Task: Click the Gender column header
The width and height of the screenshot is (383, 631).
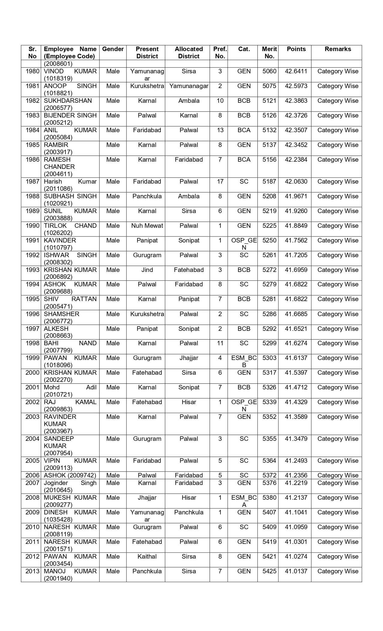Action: point(113,49)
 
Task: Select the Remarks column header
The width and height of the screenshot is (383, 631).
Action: point(338,49)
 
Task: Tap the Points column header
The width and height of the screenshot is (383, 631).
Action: point(296,49)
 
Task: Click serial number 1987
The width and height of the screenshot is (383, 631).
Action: point(32,182)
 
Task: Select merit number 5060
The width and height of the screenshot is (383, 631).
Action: point(269,72)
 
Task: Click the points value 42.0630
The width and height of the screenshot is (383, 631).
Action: point(296,182)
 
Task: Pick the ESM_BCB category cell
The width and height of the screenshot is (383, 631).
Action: point(244,361)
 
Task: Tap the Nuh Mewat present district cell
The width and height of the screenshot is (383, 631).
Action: point(147,226)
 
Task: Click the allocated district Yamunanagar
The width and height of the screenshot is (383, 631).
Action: point(189,86)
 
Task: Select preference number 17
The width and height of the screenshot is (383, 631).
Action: point(220,182)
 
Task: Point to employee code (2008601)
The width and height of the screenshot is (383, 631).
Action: point(58,64)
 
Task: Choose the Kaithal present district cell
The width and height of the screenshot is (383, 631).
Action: point(147,556)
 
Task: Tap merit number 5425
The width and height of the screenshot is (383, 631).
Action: point(269,571)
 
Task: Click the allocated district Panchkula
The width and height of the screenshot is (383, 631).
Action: point(189,512)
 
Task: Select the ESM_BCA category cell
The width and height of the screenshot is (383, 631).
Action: point(244,501)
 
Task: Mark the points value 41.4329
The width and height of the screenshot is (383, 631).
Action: point(296,402)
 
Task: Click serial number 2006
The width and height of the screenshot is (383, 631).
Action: point(32,475)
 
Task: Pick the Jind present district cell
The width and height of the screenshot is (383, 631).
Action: point(147,270)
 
